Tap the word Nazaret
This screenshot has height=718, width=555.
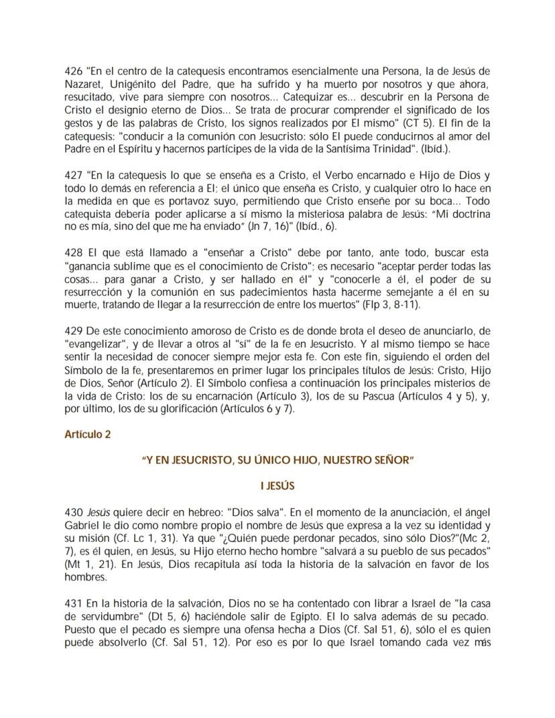click(84, 83)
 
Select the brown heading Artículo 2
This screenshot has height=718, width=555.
click(88, 434)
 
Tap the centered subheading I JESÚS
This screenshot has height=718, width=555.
click(277, 485)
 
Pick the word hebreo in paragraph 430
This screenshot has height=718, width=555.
click(170, 511)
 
